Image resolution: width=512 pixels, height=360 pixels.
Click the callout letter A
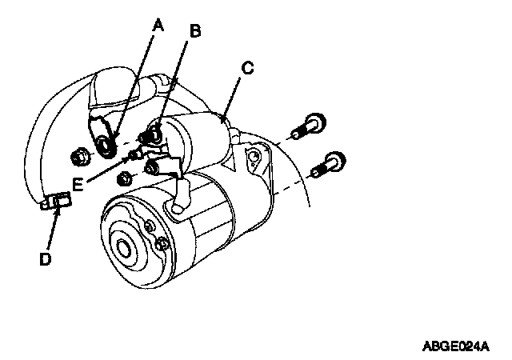[158, 26]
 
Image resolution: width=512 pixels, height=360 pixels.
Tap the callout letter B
[194, 32]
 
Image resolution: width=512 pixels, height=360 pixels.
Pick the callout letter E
[78, 184]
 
